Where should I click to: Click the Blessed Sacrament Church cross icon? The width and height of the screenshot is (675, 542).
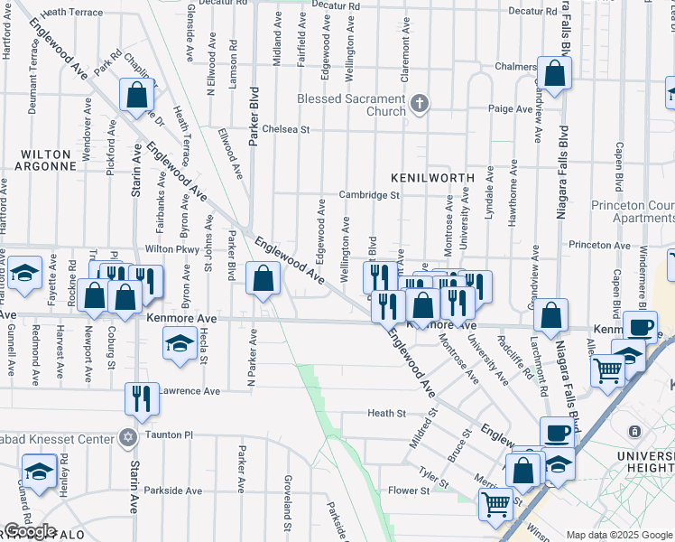(x=419, y=103)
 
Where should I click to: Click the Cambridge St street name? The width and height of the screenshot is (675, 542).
(x=369, y=194)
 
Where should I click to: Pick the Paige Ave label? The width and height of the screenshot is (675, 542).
(x=510, y=108)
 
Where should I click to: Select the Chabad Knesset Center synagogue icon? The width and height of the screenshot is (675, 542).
(x=127, y=438)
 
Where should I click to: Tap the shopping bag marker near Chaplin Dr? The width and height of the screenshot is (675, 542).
(x=136, y=94)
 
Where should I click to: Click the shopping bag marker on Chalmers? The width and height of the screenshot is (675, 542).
(x=554, y=73)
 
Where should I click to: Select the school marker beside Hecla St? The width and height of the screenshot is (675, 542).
(x=180, y=341)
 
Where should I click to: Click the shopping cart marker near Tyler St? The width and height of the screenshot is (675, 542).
(x=495, y=505)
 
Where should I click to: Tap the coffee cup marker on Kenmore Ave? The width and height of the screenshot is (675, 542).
(x=640, y=326)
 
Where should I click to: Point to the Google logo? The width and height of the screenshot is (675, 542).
(x=29, y=531)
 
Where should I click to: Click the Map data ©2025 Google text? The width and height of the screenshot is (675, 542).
(x=620, y=535)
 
